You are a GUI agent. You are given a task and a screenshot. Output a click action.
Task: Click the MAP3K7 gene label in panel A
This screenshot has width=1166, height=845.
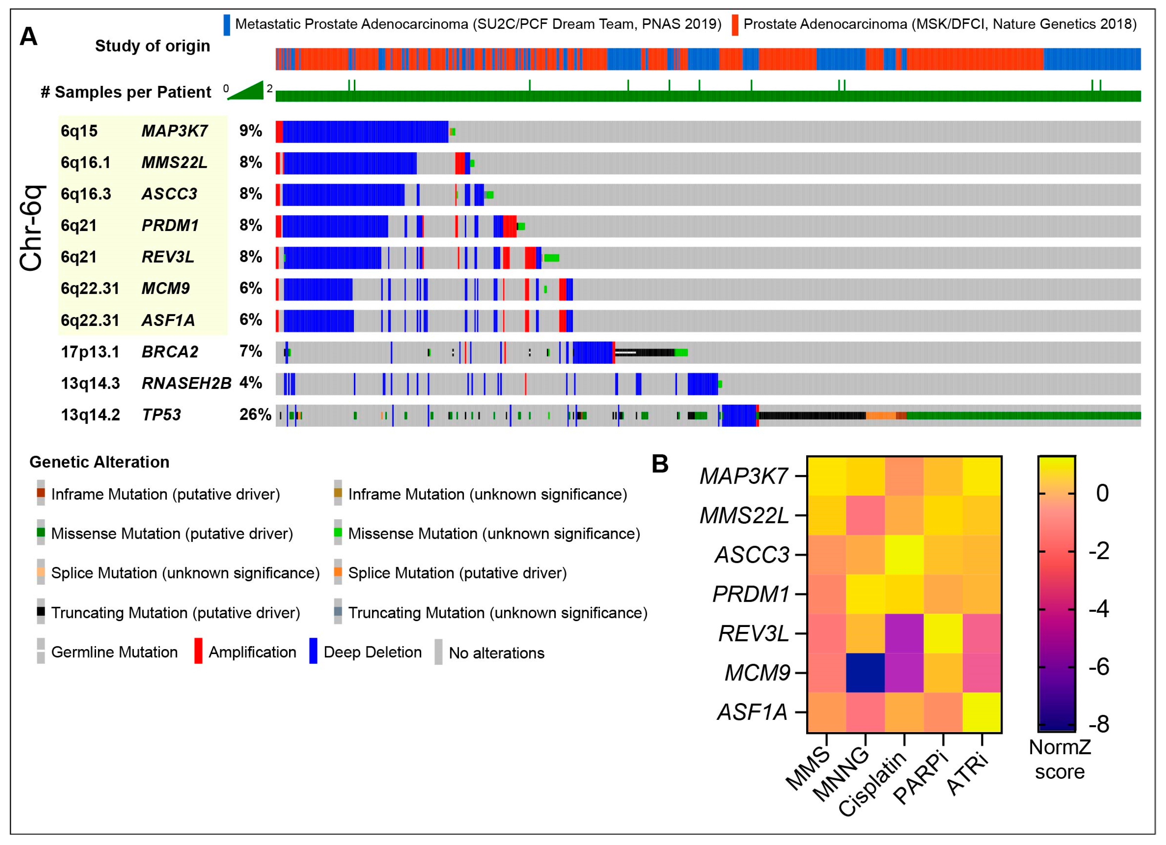point(174,131)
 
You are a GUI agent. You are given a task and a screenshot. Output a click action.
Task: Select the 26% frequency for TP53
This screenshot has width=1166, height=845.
point(255,415)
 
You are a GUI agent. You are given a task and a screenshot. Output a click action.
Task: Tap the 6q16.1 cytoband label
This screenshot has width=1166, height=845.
point(85,163)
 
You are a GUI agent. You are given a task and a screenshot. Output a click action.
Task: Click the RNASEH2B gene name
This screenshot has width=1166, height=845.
point(186,383)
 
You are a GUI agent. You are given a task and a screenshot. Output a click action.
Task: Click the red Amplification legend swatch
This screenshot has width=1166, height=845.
point(198,651)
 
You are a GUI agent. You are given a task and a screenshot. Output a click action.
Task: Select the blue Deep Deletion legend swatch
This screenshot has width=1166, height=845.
point(313,651)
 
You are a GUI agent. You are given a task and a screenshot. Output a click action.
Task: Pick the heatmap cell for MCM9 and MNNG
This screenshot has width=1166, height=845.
point(866,673)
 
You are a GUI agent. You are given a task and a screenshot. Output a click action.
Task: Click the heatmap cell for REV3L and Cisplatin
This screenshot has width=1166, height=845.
point(904,633)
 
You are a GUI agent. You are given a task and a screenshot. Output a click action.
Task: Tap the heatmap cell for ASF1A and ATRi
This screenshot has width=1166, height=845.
point(982,712)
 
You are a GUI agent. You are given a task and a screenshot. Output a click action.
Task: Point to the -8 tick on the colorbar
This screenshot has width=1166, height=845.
point(1099,725)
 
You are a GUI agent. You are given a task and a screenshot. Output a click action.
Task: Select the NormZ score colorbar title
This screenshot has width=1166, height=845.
point(1059,759)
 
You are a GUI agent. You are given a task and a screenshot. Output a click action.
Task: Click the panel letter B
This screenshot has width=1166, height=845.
point(660,464)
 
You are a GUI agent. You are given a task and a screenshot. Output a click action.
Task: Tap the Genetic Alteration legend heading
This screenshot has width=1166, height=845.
point(99,462)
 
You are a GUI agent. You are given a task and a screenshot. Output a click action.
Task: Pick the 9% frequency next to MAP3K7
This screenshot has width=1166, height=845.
point(251,131)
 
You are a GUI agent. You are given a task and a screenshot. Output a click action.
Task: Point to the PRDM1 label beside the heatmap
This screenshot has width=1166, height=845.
point(750,594)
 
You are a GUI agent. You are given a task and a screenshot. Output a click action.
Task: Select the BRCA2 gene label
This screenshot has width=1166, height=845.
point(170,352)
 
